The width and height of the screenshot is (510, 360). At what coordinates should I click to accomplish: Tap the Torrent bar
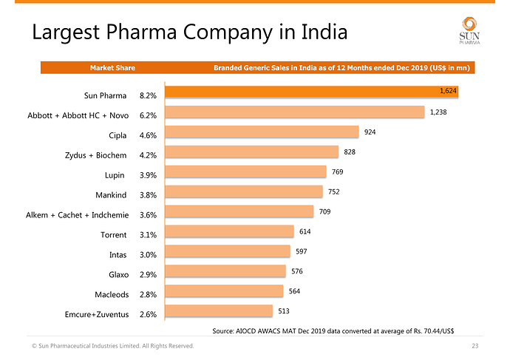point(229,232)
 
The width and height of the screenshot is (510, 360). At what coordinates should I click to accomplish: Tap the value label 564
point(294,291)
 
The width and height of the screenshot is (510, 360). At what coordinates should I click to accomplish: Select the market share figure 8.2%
point(147,96)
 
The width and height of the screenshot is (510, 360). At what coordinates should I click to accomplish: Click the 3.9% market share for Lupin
point(147,175)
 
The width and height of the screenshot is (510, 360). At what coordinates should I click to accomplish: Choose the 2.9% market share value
point(147,275)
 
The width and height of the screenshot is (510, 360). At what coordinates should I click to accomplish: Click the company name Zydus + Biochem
point(96,155)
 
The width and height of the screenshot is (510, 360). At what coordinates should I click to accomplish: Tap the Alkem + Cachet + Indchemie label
point(78,215)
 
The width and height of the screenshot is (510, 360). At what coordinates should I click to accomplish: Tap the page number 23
point(475,346)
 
